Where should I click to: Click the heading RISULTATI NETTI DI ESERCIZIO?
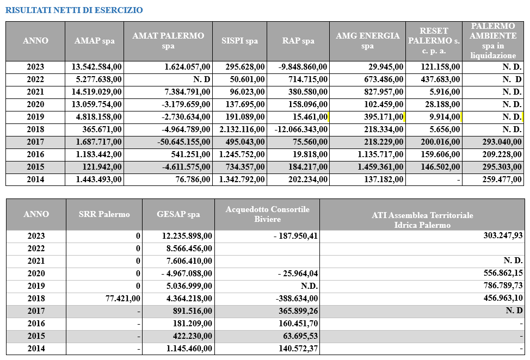(75, 10)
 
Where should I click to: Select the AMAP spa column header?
(94, 41)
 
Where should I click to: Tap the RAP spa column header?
(298, 41)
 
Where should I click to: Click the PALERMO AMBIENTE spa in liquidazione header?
(493, 41)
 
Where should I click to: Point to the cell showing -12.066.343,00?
(299, 129)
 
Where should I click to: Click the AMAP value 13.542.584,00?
(97, 67)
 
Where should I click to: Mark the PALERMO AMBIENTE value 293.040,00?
(498, 142)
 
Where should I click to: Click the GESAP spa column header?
(178, 214)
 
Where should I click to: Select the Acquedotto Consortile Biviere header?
(267, 214)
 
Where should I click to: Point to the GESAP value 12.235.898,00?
(187, 236)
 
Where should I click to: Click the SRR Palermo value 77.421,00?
(121, 299)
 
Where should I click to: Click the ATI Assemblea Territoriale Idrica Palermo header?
(422, 220)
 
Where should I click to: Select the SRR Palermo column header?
(104, 214)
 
